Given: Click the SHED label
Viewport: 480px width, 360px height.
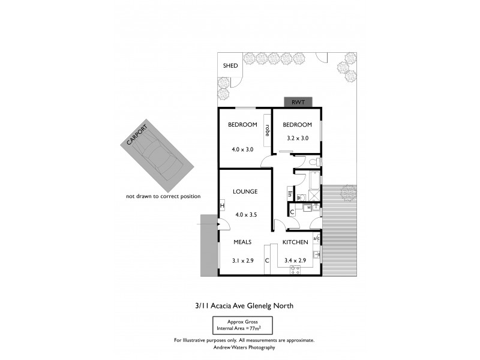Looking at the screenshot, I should [230, 66].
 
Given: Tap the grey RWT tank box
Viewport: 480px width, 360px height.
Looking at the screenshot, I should [298, 103].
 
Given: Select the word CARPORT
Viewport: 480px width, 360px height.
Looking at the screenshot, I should [137, 134].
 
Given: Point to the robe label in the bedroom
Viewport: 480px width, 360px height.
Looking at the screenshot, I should [267, 129].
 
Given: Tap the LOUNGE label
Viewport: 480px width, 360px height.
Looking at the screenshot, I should [245, 192].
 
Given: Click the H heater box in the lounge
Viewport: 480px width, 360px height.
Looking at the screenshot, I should [222, 206].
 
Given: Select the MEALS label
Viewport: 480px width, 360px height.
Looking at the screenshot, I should [242, 242].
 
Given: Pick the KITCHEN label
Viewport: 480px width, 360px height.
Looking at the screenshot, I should [295, 242].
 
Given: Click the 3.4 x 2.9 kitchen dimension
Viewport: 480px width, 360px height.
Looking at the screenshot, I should [295, 261].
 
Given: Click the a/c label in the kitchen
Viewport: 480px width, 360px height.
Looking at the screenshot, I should [317, 238].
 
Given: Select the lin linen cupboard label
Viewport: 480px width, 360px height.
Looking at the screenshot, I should [289, 193].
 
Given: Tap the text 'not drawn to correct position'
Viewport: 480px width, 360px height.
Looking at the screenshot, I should [163, 196].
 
